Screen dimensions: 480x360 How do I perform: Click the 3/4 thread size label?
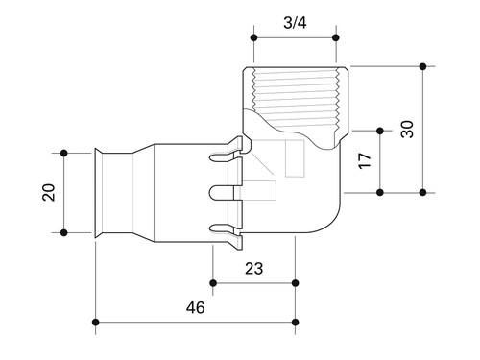tap(295, 23)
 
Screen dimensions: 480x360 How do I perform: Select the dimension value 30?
tap(407, 129)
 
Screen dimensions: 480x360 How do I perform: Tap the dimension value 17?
tap(364, 161)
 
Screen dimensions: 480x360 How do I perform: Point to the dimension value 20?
tap(49, 192)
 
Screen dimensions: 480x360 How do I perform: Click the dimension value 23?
tap(253, 269)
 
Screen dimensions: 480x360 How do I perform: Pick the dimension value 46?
tap(196, 307)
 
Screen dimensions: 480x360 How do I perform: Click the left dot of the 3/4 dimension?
tap(254, 37)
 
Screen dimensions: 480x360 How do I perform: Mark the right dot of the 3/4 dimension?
tap(336, 37)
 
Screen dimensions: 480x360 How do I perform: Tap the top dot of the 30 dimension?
tap(423, 66)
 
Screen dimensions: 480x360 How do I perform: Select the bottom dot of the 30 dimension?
tap(423, 192)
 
